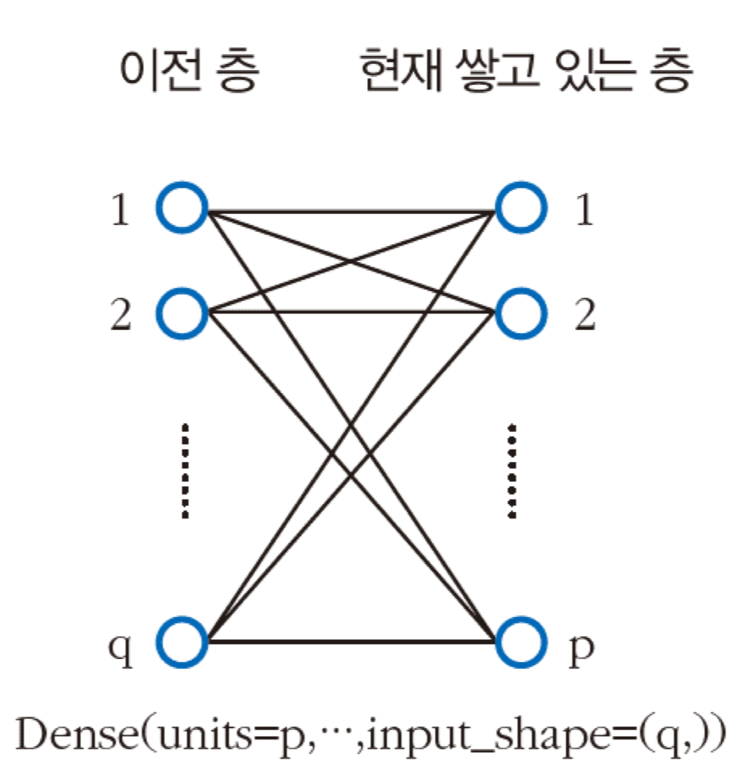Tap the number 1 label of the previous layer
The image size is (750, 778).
(120, 210)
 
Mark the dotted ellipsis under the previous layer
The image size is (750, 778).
(184, 471)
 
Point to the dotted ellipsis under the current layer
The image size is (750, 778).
(511, 471)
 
